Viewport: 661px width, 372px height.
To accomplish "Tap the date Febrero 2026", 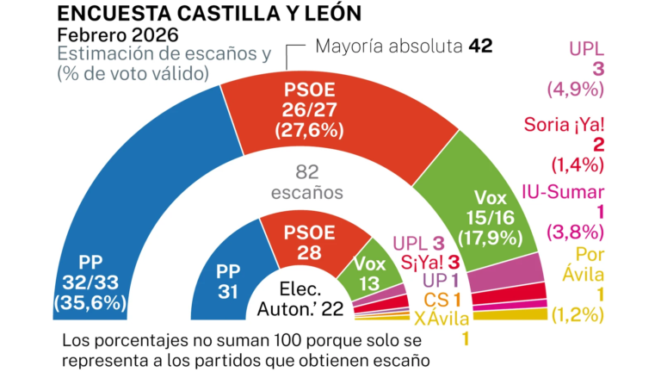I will click(x=118, y=35).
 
